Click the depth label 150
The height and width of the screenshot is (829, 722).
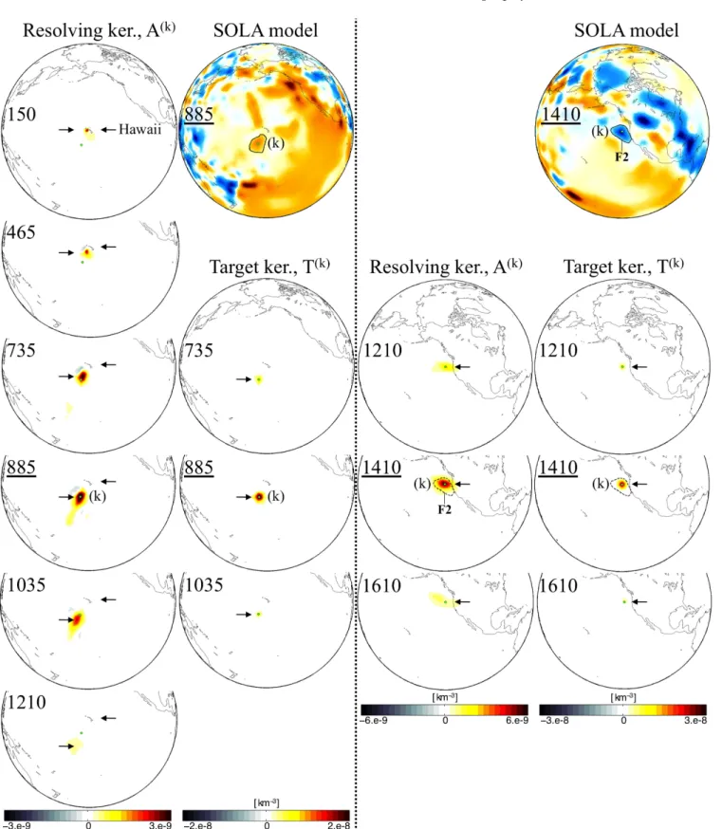coord(22,114)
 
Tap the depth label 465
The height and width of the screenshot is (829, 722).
coord(21,232)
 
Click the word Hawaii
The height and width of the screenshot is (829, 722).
coord(139,130)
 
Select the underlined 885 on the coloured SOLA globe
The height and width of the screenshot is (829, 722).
coord(199,114)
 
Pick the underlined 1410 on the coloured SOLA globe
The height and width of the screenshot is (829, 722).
coord(561,114)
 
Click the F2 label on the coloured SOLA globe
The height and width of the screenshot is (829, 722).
coord(621,157)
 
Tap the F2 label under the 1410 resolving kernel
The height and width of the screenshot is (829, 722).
coord(444,509)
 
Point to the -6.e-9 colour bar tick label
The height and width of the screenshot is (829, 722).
coord(375,720)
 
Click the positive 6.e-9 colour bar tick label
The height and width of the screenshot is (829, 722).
coord(517,720)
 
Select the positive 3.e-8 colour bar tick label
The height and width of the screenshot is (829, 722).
coord(695,720)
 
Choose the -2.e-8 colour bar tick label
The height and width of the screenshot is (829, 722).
coord(196,825)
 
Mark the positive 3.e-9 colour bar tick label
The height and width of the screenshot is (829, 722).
coord(160,825)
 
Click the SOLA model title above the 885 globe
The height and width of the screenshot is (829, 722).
coord(266,30)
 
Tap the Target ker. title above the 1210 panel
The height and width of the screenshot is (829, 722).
coord(623,266)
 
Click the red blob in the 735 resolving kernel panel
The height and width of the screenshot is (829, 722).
coord(82,378)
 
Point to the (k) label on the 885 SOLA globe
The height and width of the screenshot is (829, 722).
coord(275,142)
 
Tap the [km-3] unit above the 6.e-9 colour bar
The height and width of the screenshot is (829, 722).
coord(445,697)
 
